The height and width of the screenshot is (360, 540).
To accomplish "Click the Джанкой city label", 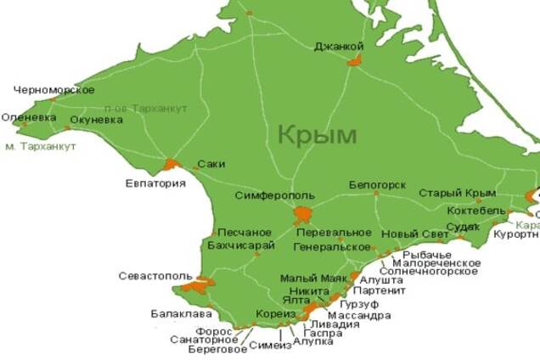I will point(339,46).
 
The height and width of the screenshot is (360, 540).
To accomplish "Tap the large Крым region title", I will point(317,134).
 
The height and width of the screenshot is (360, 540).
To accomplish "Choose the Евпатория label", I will point(155,183).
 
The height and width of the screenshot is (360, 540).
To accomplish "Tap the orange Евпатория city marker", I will point(172,164).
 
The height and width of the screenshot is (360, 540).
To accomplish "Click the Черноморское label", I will point(54,89).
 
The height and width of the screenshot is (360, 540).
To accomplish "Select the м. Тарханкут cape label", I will point(41,146).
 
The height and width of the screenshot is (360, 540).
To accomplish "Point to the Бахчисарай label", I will point(241,245).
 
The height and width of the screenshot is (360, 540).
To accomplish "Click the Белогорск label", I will point(377,184).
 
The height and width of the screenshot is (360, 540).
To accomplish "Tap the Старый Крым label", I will point(457,193).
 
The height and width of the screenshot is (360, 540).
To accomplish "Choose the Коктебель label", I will point(477,211).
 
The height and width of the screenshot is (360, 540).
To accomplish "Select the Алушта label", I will point(381,278).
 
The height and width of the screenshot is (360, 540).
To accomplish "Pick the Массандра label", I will point(365,315).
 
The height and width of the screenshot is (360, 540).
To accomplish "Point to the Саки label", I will point(211,164).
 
